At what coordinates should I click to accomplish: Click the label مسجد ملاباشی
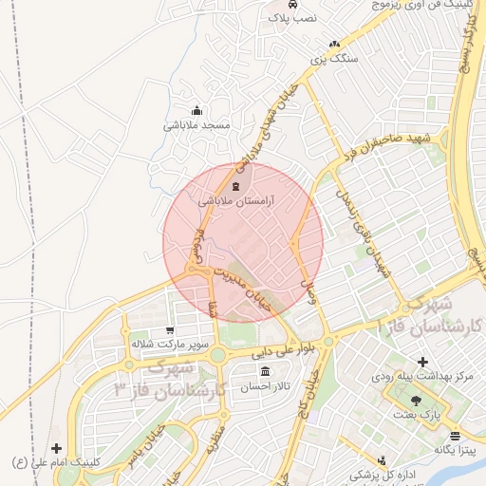click(196, 124)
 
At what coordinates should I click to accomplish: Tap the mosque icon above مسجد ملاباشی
click(196, 109)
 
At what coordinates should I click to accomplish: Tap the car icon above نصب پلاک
click(289, 4)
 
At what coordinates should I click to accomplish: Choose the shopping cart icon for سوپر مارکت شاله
click(169, 331)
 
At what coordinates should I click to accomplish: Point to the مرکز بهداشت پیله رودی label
click(421, 377)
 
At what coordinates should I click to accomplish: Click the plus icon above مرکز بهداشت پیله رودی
click(422, 362)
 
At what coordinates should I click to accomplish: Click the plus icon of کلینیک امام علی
click(57, 448)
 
